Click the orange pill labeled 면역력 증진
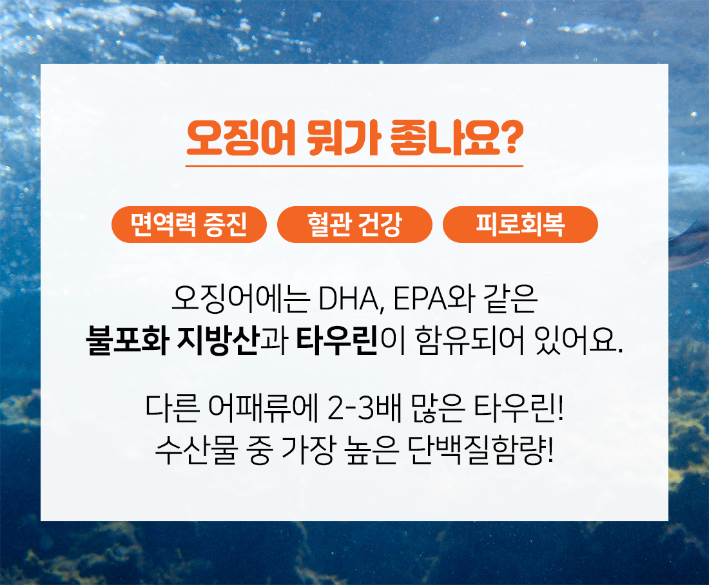tap(189, 224)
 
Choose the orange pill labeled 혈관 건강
tap(354, 224)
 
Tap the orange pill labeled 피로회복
tap(520, 224)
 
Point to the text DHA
tap(350, 299)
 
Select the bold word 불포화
tap(128, 340)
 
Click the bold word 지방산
tap(217, 340)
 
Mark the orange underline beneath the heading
tap(354, 166)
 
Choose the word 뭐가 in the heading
tap(343, 138)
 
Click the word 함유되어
tap(471, 340)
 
